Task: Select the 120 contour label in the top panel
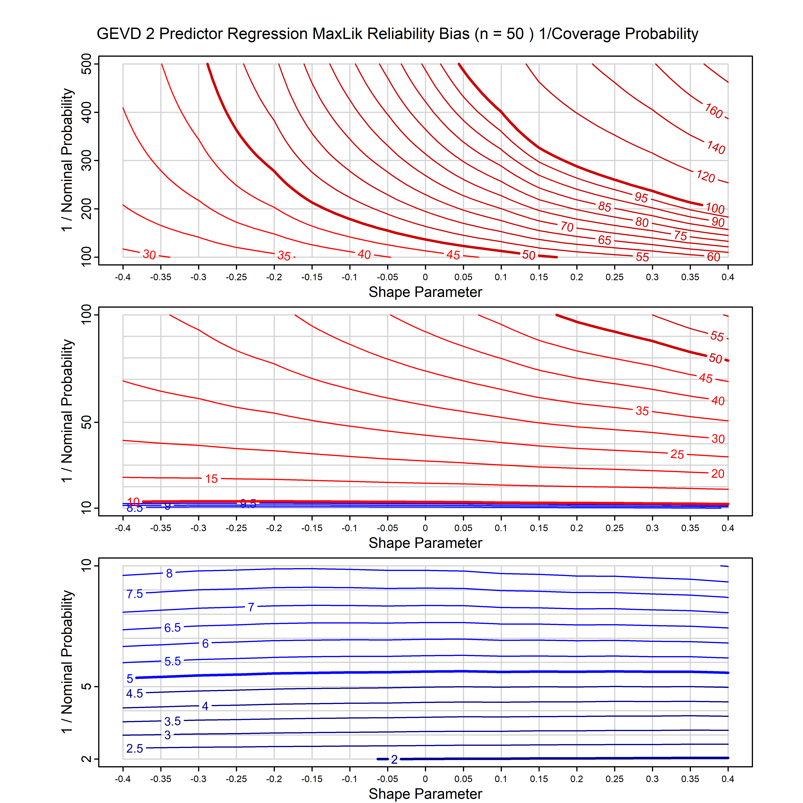coord(705,176)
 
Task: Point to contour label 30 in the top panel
coord(149,254)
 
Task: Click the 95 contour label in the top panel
coord(641,197)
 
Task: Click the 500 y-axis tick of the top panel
coord(86,64)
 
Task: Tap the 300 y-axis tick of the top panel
coord(86,160)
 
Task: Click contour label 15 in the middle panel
coord(211,479)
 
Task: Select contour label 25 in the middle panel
coord(677,454)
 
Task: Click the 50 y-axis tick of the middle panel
coord(86,422)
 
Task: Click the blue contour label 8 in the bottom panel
coord(169,574)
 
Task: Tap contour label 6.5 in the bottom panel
coord(172,628)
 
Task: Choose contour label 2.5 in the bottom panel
coord(135,749)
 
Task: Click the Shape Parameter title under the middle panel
coord(425,543)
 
